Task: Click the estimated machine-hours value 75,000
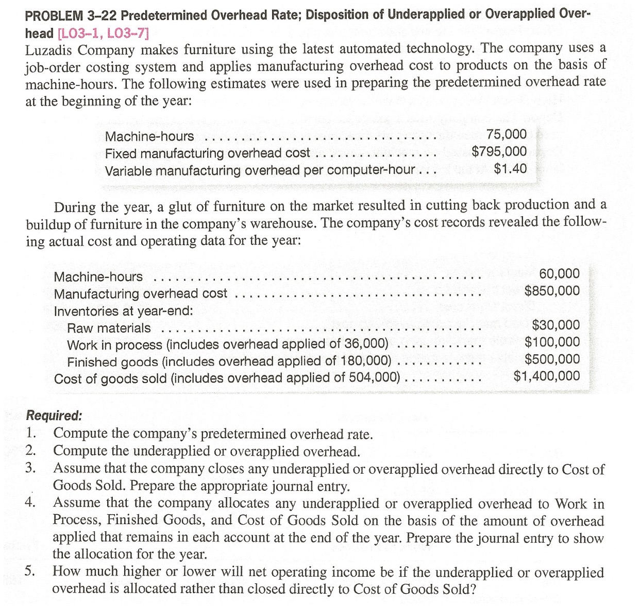507,135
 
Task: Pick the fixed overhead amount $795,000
499,152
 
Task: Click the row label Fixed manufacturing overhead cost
207,153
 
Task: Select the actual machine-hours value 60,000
559,274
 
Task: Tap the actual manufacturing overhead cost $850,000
552,291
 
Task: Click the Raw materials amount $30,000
555,325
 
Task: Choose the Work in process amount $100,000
552,342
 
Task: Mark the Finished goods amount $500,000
552,359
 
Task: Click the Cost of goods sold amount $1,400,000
546,376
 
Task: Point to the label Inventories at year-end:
124,311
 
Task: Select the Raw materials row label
109,328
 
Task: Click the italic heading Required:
54,415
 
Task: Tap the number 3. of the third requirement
31,468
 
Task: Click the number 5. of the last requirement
31,571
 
